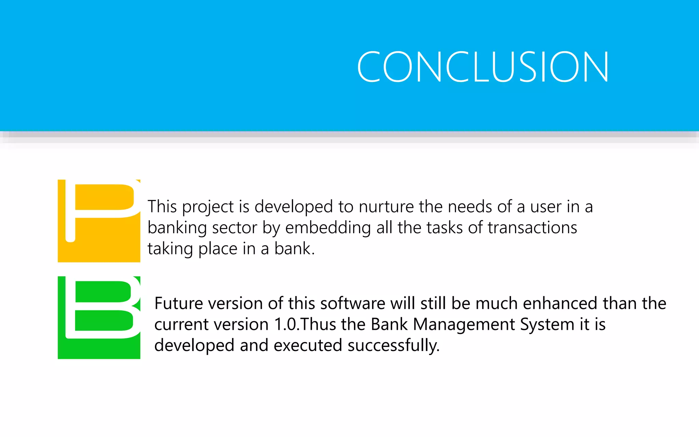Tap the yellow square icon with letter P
[99, 221]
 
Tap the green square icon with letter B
[99, 318]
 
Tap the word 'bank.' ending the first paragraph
[294, 249]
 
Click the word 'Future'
[179, 304]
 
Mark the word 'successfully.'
[394, 346]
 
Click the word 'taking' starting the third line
[170, 249]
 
